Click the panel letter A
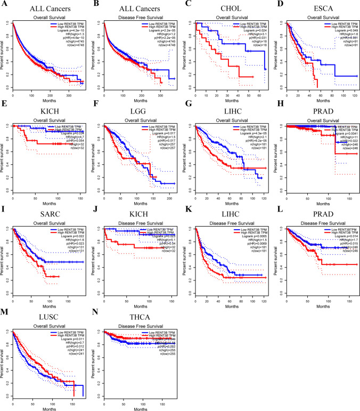[4, 4]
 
